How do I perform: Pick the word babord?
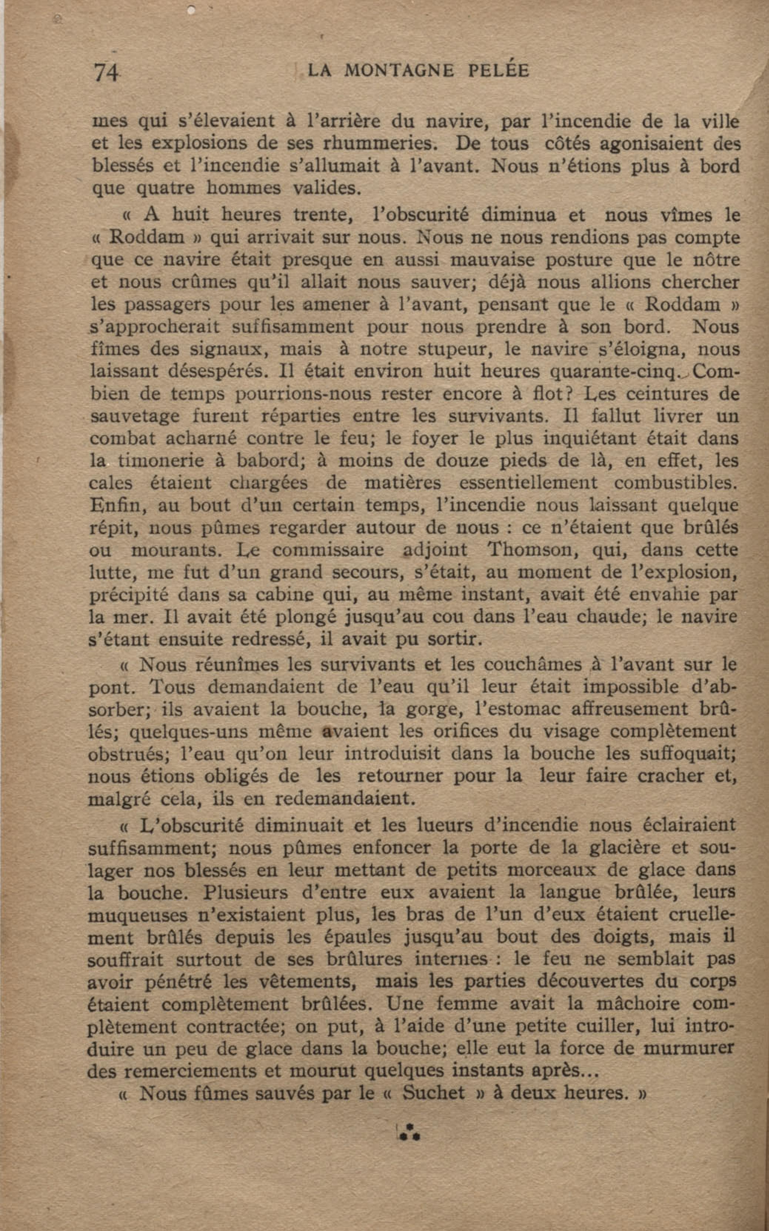click(270, 461)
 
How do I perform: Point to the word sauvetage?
click(135, 417)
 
